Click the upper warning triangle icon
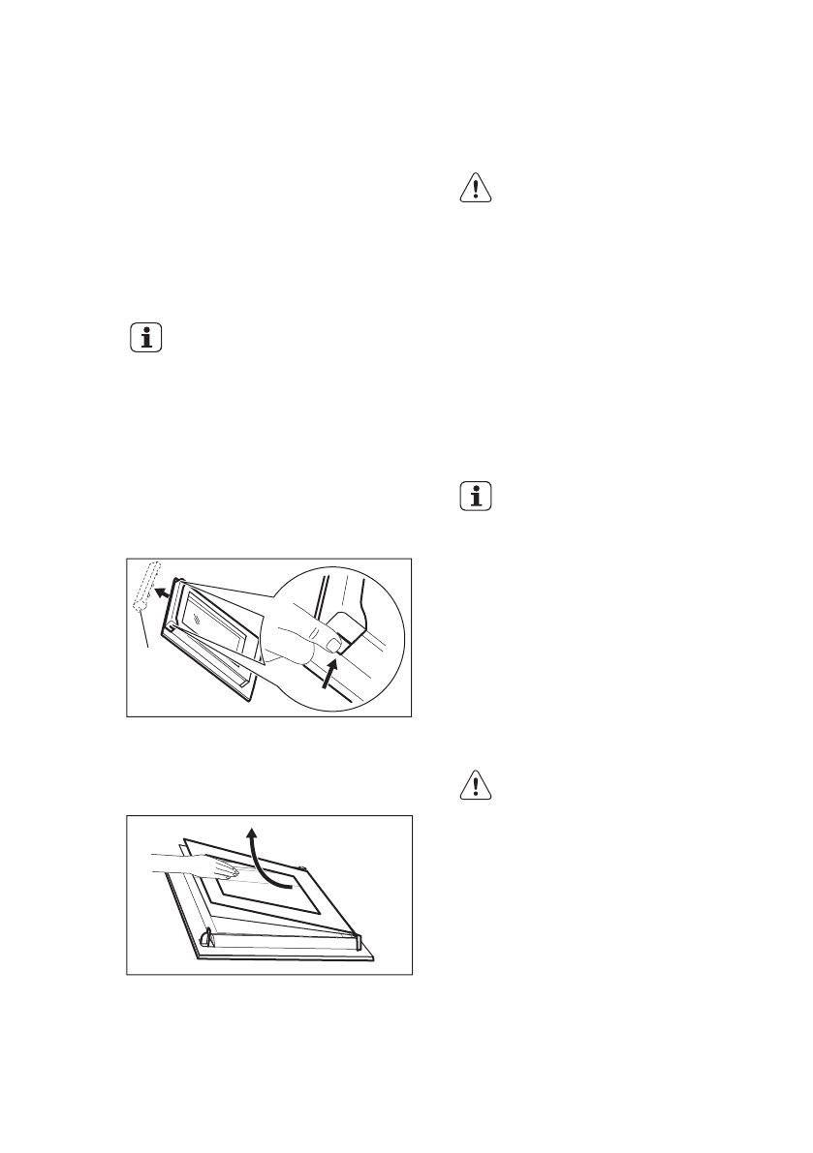475,189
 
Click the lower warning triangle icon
475,786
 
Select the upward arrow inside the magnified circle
332,674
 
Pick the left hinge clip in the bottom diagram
206,937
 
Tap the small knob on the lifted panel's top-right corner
303,869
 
